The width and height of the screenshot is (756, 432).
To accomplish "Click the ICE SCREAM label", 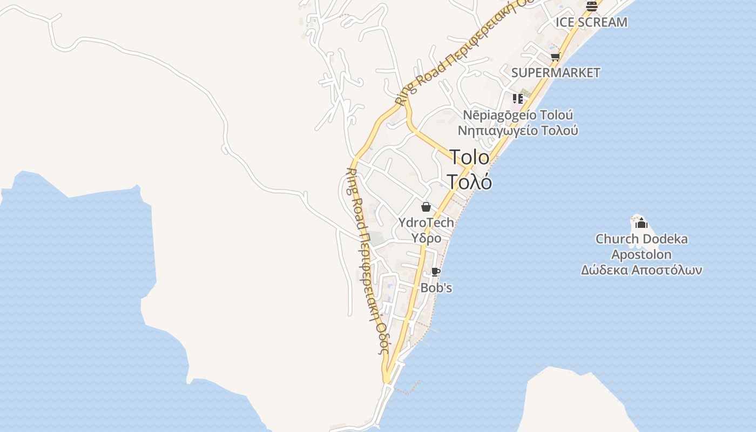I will [591, 22].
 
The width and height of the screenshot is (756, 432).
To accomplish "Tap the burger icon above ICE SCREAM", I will [591, 6].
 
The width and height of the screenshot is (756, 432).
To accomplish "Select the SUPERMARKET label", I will [556, 73].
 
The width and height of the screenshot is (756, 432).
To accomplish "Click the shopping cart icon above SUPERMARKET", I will [555, 57].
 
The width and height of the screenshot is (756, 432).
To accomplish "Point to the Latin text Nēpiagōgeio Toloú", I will [518, 115].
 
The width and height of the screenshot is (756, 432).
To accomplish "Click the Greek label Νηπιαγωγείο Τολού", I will [518, 130].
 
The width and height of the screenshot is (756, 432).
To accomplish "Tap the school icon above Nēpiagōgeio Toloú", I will [518, 99].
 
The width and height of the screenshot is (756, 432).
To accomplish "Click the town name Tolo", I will [470, 157].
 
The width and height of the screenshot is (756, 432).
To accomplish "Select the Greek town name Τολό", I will [470, 182].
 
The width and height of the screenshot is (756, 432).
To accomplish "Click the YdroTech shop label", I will [426, 222].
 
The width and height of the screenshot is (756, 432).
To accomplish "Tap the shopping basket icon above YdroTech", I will [426, 207].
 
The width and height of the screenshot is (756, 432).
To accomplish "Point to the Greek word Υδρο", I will [426, 238].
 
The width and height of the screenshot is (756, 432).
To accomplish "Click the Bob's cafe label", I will [436, 288].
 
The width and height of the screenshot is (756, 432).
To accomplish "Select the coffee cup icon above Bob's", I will [436, 272].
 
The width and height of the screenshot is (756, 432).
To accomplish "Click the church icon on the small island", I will [641, 222].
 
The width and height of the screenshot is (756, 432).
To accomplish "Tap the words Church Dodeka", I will [642, 239].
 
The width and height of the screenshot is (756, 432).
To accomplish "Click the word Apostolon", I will [642, 254].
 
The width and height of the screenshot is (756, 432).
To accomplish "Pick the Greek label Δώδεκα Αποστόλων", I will [642, 270].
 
